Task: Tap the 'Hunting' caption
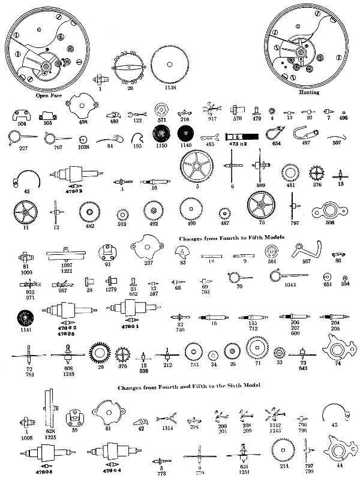[x=308, y=93]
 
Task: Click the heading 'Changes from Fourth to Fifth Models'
[x=230, y=238]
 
